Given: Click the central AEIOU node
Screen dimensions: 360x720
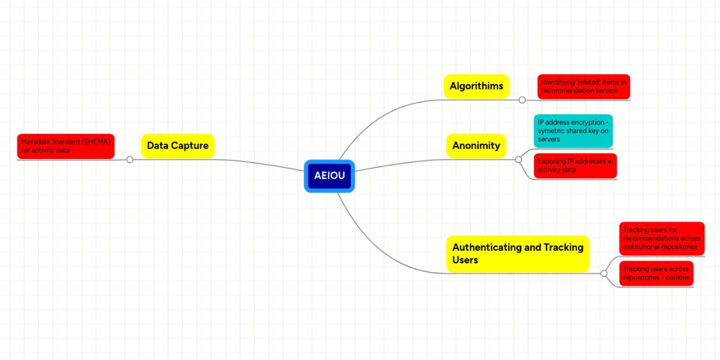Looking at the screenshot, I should tap(329, 176).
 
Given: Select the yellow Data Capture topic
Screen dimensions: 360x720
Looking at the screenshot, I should tap(178, 146).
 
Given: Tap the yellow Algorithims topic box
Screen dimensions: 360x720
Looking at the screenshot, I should tap(476, 86).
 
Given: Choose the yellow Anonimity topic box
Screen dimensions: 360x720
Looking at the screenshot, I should tap(476, 146).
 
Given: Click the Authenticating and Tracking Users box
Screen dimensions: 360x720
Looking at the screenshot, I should tap(518, 254).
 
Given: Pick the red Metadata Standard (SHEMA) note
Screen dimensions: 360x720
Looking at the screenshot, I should tap(65, 146).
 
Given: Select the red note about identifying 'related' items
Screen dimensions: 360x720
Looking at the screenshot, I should tap(583, 87).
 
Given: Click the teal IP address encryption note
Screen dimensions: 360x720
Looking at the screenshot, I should tap(574, 131).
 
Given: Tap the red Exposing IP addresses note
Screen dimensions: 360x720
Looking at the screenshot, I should tap(575, 166).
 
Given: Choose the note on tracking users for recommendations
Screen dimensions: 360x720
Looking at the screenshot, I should tap(661, 238).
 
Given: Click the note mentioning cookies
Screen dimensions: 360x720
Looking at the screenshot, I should tap(656, 274).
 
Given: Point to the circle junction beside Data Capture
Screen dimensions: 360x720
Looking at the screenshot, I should tap(130, 160).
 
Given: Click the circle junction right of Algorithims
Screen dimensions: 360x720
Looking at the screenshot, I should tap(522, 100).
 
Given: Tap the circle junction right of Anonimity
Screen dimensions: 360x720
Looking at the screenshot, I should tap(518, 160).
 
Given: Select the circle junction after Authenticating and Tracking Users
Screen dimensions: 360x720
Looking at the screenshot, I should tap(604, 274).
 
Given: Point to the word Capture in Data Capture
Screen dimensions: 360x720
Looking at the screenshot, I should tap(190, 146).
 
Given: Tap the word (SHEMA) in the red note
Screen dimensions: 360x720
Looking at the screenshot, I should tap(96, 142).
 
